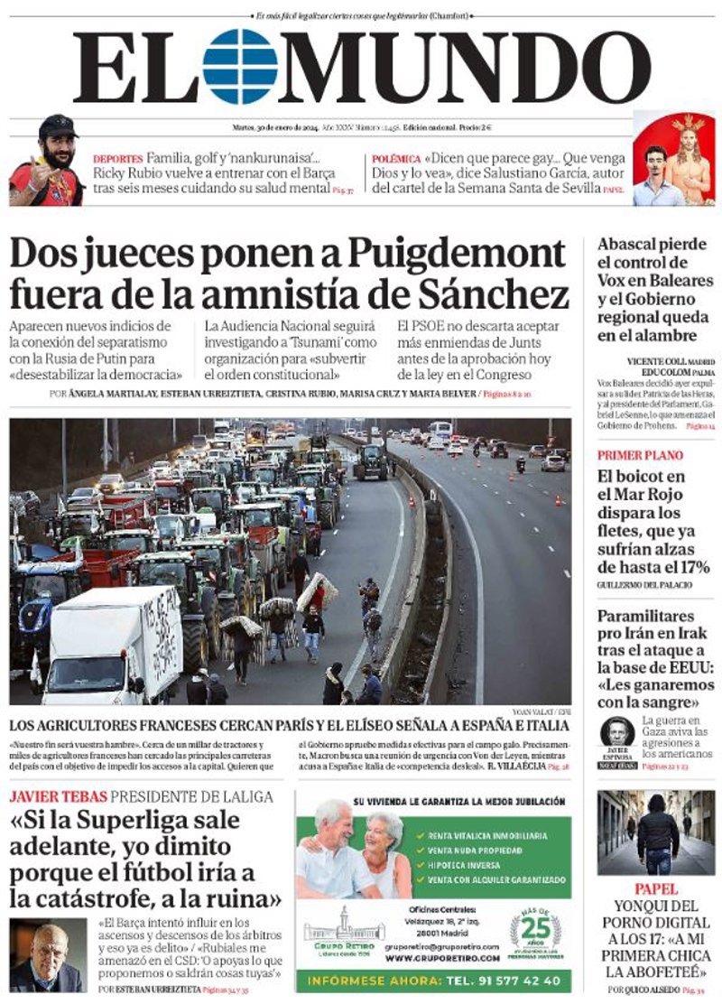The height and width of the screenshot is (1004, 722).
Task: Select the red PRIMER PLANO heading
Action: (x=640, y=455)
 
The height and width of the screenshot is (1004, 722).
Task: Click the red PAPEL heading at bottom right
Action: (x=655, y=888)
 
